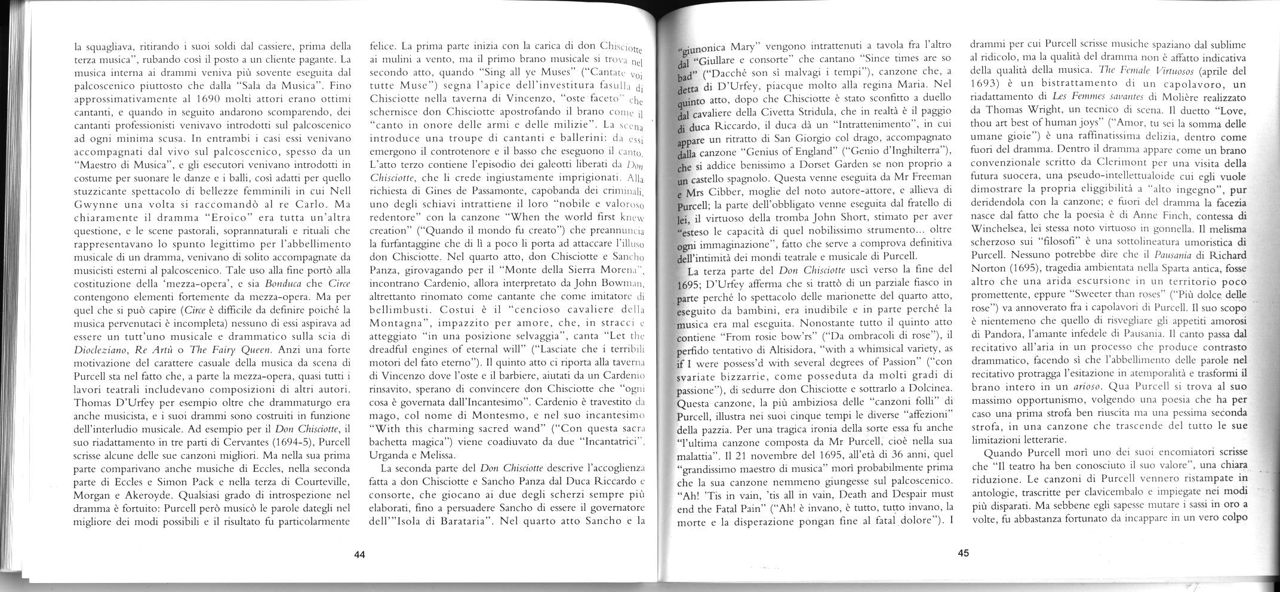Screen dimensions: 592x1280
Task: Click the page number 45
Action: [963, 553]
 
